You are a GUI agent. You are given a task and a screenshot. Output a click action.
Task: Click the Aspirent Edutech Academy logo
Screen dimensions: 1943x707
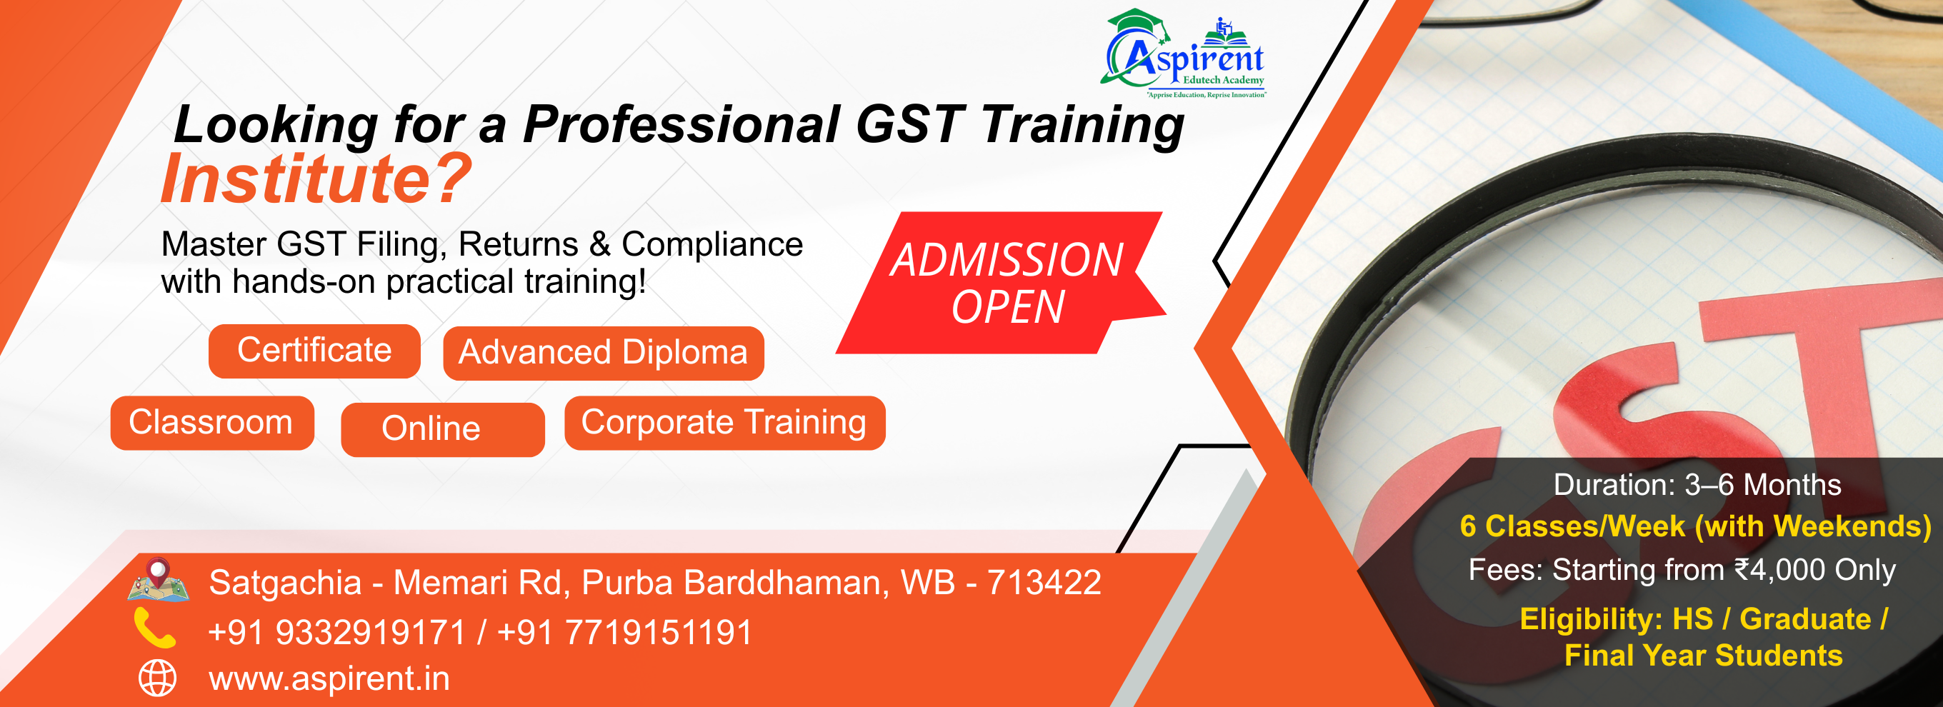click(1183, 54)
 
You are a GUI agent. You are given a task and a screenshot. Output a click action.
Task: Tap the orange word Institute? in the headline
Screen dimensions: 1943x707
click(316, 179)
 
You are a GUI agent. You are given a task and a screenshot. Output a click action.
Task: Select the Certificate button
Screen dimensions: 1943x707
click(314, 351)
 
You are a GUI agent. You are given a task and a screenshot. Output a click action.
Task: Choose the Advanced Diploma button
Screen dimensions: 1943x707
click(604, 353)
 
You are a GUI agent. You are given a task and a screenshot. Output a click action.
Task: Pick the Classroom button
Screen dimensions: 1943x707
click(212, 423)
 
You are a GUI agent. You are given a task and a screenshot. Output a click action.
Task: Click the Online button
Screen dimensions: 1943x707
click(443, 429)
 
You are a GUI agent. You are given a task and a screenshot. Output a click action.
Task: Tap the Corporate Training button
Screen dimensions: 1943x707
click(725, 423)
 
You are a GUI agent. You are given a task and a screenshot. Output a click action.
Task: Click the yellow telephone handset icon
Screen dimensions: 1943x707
click(154, 628)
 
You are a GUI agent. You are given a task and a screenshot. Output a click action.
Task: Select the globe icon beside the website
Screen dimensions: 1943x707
click(158, 678)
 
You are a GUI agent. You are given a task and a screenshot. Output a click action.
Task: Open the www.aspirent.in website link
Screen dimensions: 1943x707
click(329, 678)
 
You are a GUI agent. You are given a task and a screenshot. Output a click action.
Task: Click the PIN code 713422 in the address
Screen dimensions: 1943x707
click(1044, 582)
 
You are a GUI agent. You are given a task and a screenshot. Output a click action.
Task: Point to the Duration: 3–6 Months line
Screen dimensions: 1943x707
click(1697, 485)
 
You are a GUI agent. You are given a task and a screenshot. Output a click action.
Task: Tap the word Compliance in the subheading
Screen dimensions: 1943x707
click(712, 244)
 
